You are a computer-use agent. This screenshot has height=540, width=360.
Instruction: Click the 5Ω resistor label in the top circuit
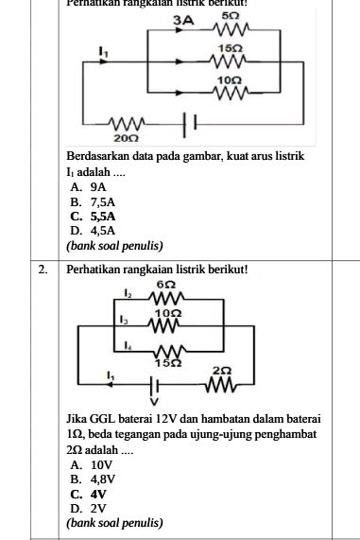(x=230, y=16)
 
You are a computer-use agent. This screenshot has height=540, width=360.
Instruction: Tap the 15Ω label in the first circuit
(x=229, y=47)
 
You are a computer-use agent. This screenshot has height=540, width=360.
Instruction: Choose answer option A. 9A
(x=90, y=188)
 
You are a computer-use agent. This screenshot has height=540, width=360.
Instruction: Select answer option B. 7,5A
(x=93, y=201)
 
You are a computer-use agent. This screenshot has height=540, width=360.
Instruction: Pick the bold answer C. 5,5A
(x=93, y=216)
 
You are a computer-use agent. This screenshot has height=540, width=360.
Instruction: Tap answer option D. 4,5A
(x=93, y=230)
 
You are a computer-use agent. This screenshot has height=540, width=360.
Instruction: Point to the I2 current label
(x=128, y=293)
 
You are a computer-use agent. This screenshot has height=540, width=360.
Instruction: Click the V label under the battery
(x=153, y=401)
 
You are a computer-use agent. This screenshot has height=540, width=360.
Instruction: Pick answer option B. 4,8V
(x=94, y=479)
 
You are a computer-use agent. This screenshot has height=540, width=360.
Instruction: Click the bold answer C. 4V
(x=89, y=494)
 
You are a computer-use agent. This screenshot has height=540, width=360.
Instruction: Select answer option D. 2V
(x=88, y=508)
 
